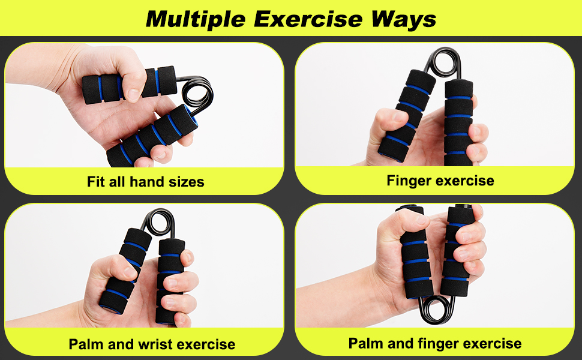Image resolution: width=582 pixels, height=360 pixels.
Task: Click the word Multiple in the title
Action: pyautogui.click(x=196, y=19)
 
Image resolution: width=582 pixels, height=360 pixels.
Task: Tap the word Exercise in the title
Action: pyautogui.click(x=308, y=19)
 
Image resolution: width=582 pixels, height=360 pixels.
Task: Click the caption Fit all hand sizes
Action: pyautogui.click(x=145, y=181)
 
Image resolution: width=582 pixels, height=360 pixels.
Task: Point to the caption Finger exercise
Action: pyautogui.click(x=440, y=181)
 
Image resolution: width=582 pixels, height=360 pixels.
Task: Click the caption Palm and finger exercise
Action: pyautogui.click(x=434, y=343)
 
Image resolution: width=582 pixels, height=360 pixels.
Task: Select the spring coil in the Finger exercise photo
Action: pyautogui.click(x=444, y=63)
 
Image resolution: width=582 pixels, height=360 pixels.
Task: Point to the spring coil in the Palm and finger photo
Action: pyautogui.click(x=436, y=312)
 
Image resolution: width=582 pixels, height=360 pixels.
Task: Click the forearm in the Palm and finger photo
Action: pyautogui.click(x=334, y=297)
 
